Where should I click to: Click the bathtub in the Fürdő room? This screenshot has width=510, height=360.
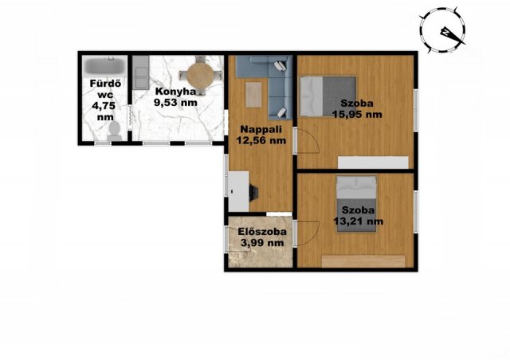pyautogui.click(x=104, y=65)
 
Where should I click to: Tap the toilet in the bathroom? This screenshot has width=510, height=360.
pyautogui.click(x=114, y=132)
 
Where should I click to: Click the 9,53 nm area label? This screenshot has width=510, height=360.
pyautogui.click(x=175, y=103)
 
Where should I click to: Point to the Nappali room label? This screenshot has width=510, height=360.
pyautogui.click(x=261, y=129)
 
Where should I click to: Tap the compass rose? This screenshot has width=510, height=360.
pyautogui.click(x=443, y=29)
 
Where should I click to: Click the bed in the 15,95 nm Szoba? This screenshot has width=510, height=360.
pyautogui.click(x=328, y=96)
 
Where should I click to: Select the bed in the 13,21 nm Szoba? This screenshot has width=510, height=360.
pyautogui.click(x=356, y=204)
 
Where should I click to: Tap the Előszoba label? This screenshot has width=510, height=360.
pyautogui.click(x=262, y=232)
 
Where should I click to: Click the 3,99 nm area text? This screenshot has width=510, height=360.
pyautogui.click(x=262, y=243)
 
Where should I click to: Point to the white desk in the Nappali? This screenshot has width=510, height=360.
pyautogui.click(x=238, y=191)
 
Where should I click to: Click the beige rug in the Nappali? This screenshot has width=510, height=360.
pyautogui.click(x=253, y=95)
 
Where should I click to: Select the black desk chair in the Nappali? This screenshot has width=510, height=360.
pyautogui.click(x=253, y=191)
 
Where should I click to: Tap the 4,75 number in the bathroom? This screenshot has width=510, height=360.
pyautogui.click(x=104, y=106)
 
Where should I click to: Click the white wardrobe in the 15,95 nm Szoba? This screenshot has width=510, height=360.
pyautogui.click(x=373, y=162)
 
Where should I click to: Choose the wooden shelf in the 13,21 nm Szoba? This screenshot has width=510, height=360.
pyautogui.click(x=363, y=261)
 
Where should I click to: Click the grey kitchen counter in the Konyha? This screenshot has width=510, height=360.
pyautogui.click(x=141, y=72)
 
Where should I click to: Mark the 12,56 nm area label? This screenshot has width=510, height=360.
pyautogui.click(x=261, y=140)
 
